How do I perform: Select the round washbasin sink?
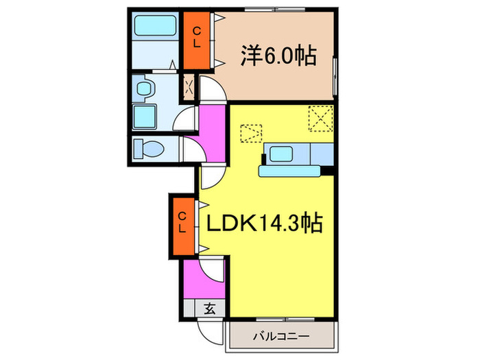click(143, 88)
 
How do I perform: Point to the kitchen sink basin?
click(282, 153)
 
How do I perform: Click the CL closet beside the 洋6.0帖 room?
click(197, 37)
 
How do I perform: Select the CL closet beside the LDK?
click(183, 224)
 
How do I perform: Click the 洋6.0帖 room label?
click(278, 56)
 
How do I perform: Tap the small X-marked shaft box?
click(189, 86)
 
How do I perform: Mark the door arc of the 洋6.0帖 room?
click(213, 93)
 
